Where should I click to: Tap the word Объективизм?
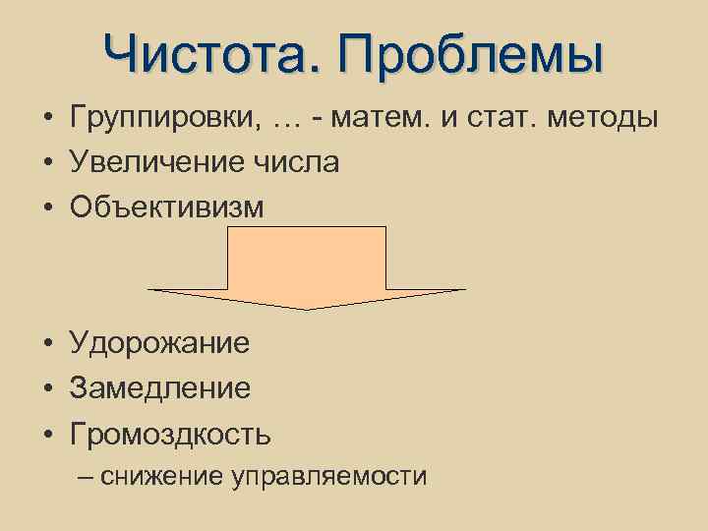click(x=167, y=206)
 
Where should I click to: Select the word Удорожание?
click(x=159, y=343)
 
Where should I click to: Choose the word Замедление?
click(x=159, y=388)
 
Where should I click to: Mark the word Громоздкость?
click(x=170, y=434)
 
